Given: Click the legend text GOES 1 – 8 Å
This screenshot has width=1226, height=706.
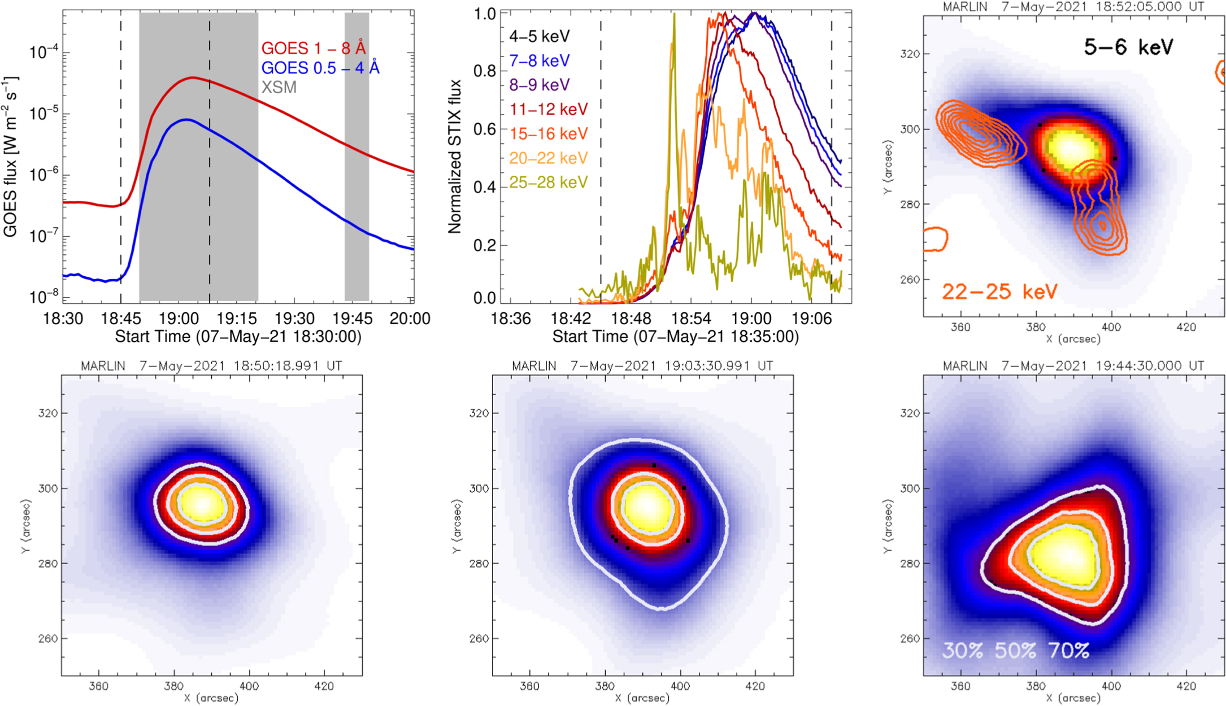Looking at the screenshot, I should point(314,48).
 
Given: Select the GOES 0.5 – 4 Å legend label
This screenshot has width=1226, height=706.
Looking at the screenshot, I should point(320,68).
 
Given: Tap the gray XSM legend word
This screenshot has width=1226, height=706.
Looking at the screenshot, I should point(279,87).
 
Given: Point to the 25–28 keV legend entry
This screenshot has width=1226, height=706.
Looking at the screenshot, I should point(548,182).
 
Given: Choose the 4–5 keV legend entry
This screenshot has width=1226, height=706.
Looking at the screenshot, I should point(539,36).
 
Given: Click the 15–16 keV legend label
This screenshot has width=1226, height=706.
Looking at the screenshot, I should point(548,133).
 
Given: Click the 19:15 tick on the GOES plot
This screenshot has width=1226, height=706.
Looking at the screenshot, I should point(237,319).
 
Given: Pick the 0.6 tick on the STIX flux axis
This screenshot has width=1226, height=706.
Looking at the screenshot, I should point(485,129).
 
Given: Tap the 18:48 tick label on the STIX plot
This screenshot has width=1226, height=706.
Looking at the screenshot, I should point(631,319).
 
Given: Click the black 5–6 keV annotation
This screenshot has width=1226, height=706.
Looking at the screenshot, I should point(1128,47).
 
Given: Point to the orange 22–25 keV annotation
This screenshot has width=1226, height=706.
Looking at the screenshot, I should point(999,291).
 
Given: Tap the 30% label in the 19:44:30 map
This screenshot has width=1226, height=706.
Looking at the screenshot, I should point(962,651).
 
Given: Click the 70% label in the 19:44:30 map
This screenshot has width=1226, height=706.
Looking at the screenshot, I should point(1069,651).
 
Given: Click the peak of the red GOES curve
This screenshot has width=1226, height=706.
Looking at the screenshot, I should point(193,77).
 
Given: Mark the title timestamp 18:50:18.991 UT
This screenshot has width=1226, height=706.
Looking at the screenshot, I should point(288,366).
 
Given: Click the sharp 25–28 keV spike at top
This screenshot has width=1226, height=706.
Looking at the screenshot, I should point(674,17).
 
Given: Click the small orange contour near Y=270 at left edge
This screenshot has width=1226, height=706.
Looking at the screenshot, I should point(935,239).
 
